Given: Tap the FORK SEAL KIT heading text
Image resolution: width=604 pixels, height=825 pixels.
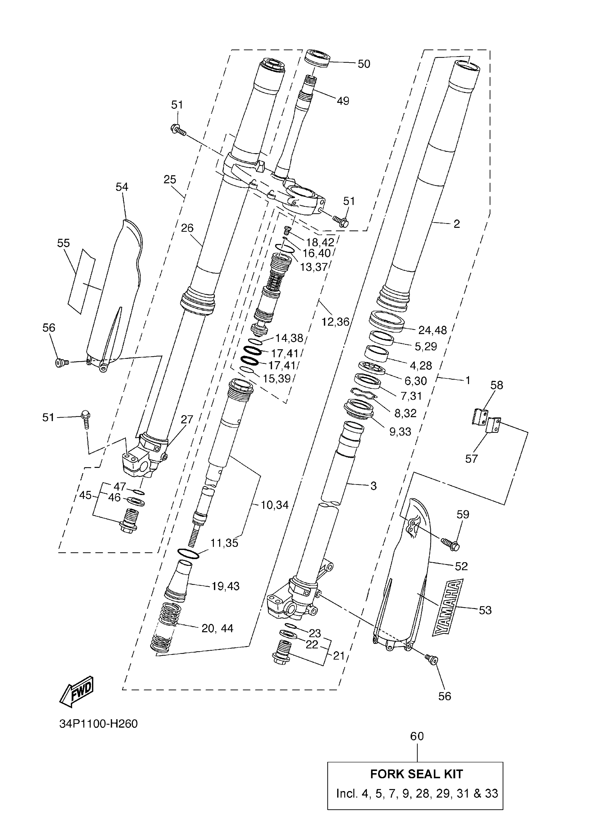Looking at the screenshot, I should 416,774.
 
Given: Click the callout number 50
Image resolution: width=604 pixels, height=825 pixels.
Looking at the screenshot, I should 364,64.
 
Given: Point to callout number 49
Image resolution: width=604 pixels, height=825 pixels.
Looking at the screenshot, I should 343,101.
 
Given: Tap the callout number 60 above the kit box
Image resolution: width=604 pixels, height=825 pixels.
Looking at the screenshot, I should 417,736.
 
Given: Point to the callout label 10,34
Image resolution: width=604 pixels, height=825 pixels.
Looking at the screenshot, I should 275,505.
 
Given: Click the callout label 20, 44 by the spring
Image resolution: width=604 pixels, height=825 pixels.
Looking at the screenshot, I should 217,628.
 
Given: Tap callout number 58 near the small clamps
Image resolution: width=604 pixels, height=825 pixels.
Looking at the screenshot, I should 496,385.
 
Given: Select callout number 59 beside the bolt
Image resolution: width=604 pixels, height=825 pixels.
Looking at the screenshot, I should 463,514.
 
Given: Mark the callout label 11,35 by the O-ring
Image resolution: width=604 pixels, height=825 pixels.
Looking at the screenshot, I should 224,543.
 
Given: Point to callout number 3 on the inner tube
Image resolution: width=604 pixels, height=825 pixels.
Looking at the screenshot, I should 373,486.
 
